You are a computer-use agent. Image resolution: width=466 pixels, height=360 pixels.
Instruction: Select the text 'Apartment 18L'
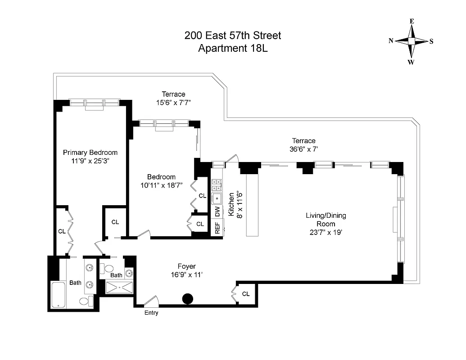(233, 48)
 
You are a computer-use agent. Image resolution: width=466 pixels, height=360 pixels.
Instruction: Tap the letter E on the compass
(412, 21)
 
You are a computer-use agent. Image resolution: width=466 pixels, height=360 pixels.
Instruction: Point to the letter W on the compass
(411, 62)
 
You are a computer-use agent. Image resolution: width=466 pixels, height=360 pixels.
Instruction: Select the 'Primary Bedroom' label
(90, 153)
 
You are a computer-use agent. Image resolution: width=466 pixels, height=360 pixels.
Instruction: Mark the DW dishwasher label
(217, 211)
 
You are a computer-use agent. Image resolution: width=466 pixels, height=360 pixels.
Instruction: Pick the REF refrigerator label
(217, 228)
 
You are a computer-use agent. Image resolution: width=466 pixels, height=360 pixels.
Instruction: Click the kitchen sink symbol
(217, 198)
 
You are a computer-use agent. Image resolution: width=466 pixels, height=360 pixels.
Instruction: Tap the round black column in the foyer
(187, 298)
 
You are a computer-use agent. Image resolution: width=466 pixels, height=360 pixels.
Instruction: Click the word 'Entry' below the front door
(151, 313)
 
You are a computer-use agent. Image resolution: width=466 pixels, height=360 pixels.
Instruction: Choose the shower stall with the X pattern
(120, 287)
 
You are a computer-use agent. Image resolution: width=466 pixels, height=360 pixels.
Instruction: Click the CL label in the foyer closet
(245, 294)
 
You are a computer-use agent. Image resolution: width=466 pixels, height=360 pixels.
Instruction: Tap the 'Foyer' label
(186, 266)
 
